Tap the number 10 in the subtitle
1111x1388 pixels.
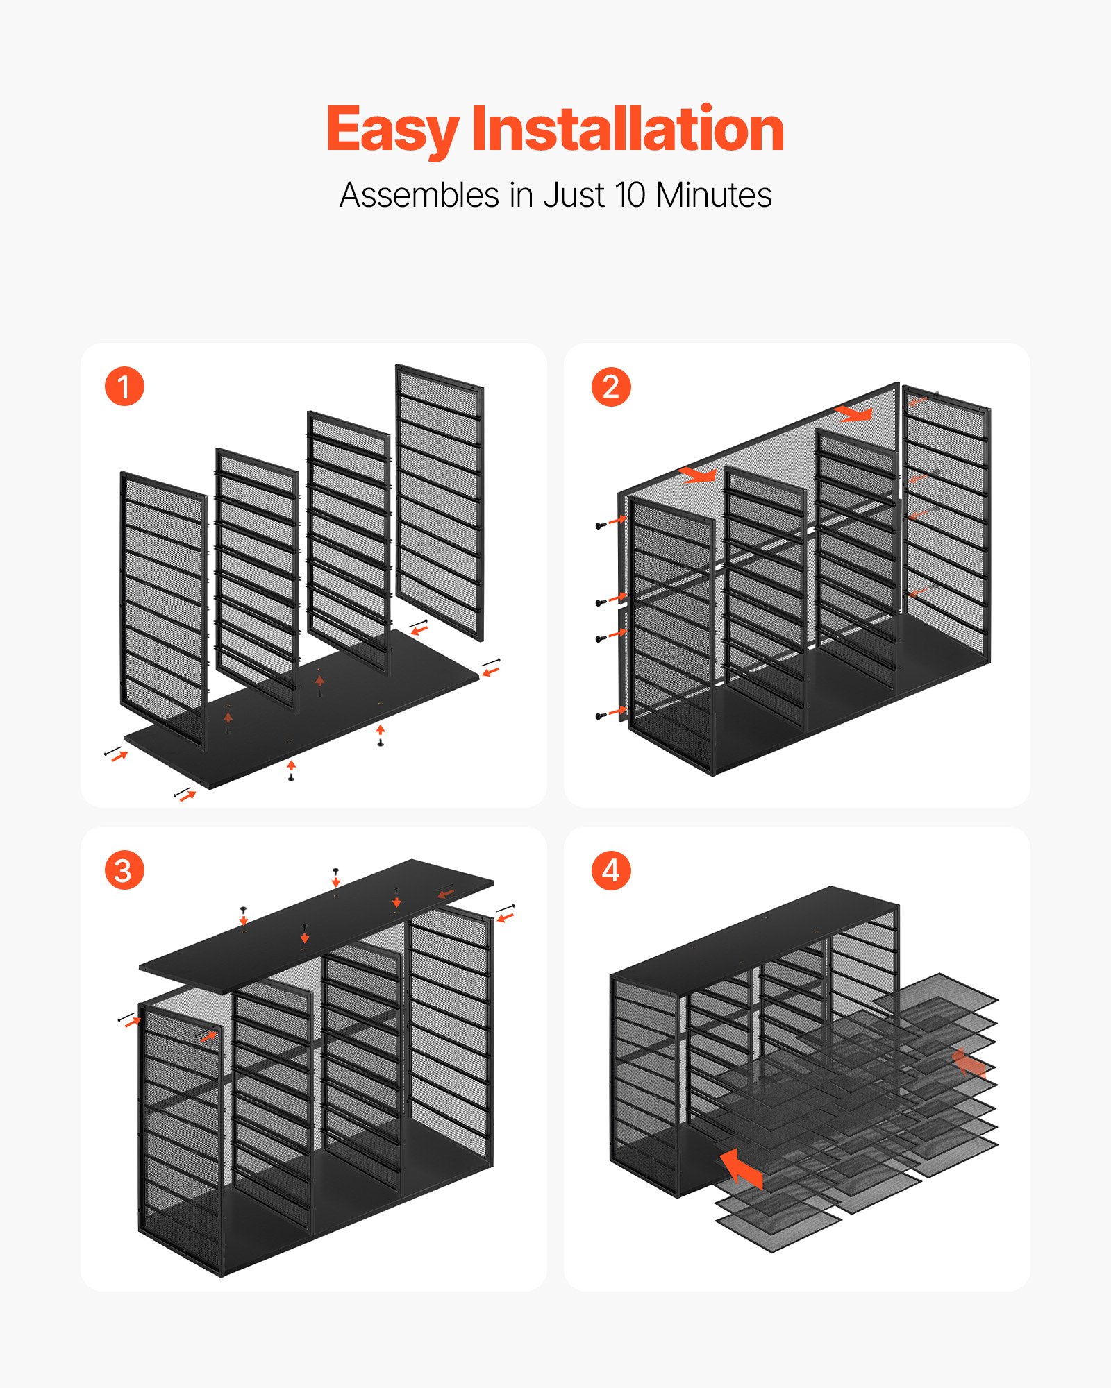pyautogui.click(x=630, y=195)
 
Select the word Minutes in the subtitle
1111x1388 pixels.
pyautogui.click(x=714, y=195)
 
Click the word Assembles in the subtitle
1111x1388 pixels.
pyautogui.click(x=419, y=195)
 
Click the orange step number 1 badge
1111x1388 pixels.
pyautogui.click(x=124, y=387)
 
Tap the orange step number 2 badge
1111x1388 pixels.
pyautogui.click(x=611, y=387)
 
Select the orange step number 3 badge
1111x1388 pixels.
pyautogui.click(x=124, y=870)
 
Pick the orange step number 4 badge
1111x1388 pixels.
pyautogui.click(x=611, y=870)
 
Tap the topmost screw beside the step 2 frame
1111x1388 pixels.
pyautogui.click(x=600, y=525)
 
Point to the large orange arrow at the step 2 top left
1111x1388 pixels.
pyautogui.click(x=699, y=475)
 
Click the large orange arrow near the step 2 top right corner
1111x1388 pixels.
pyautogui.click(x=855, y=414)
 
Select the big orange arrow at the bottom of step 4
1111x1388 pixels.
pyautogui.click(x=741, y=1168)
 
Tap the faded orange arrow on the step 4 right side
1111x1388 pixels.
pyautogui.click(x=969, y=1063)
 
